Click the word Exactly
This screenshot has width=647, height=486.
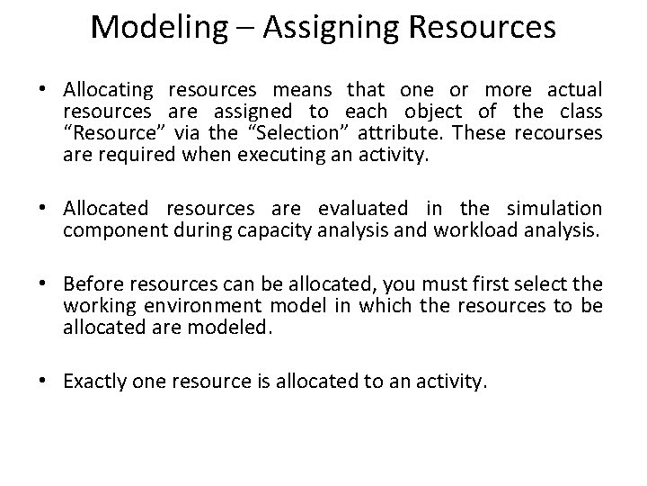pos(93,382)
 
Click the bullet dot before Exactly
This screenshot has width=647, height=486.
pos(52,382)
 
